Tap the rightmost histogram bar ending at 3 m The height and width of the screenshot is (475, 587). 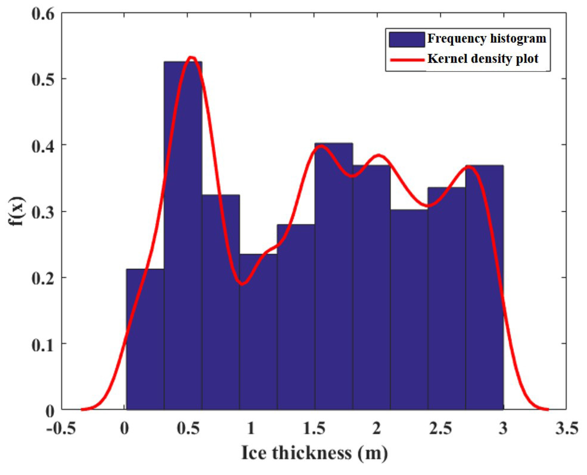pos(484,288)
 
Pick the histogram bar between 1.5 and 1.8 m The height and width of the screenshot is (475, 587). pos(334,277)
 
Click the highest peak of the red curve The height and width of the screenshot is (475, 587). pos(191,58)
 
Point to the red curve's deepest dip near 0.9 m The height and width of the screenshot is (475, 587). pos(242,284)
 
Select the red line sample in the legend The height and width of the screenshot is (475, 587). pos(406,60)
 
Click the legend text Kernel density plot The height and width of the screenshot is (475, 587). pos(483,59)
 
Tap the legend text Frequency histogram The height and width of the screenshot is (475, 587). pos(487,39)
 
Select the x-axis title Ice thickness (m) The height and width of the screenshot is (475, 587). pos(314,453)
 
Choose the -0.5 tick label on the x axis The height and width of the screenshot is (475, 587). pos(60,428)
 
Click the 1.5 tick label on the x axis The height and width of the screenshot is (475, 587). pos(314,428)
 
